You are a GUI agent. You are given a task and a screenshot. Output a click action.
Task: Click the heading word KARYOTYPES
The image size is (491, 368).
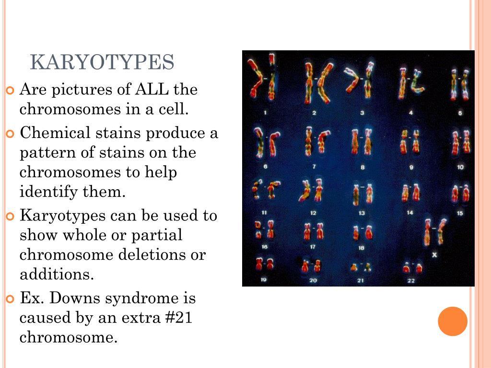tap(102, 63)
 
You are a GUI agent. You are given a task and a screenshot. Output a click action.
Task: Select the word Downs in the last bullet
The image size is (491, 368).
tap(75, 298)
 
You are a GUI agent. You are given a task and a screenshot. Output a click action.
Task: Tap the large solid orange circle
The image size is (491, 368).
tap(452, 321)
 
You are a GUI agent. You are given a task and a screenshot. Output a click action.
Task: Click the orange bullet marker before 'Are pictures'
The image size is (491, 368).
tap(11, 90)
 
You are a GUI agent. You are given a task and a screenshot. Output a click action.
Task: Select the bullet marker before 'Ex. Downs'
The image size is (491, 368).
tap(11, 299)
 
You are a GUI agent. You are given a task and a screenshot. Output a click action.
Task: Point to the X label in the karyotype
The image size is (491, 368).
tap(434, 254)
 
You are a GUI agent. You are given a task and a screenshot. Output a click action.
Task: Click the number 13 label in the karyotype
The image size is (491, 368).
tap(362, 213)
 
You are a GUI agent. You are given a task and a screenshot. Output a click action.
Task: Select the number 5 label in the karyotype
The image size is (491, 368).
tap(460, 113)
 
